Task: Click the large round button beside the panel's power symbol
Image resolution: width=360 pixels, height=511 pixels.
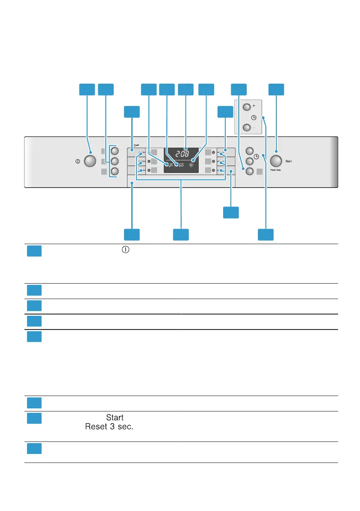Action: [x=90, y=161]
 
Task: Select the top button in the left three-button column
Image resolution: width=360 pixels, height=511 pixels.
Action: [x=115, y=151]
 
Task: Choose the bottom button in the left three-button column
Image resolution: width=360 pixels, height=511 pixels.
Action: [x=115, y=171]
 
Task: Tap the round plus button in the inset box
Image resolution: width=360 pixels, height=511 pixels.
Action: [x=246, y=107]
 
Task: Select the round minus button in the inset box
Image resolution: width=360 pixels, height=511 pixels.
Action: [x=246, y=127]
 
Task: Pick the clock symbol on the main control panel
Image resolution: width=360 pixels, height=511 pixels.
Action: [x=257, y=157]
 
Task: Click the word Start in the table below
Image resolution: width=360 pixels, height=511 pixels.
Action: [x=115, y=417]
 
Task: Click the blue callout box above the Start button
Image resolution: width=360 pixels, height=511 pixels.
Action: [x=276, y=89]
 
